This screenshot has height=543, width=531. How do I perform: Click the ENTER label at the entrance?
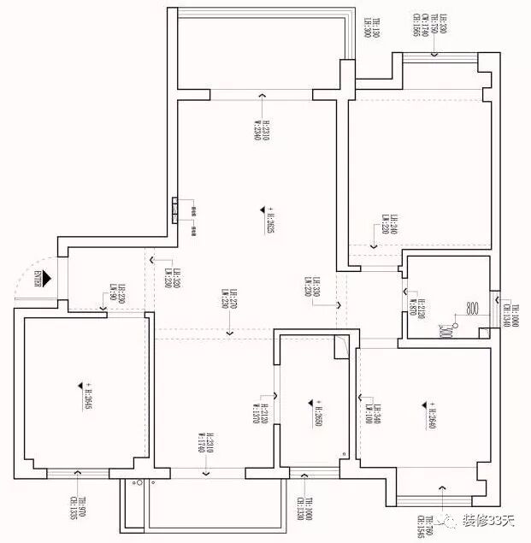point(38,278)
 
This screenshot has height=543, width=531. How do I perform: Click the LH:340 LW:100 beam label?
point(374,414)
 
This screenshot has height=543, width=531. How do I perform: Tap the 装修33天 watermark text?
point(491,519)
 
